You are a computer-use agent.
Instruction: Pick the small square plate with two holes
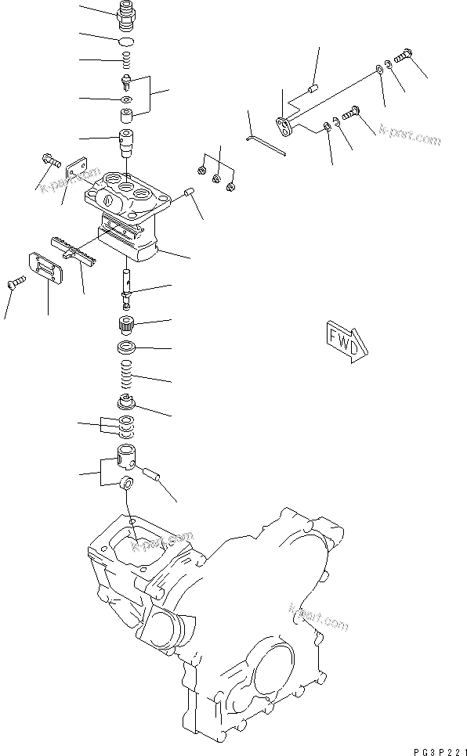[76, 171]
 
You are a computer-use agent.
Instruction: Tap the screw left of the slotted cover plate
[16, 283]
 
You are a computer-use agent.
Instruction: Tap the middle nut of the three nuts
[216, 181]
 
